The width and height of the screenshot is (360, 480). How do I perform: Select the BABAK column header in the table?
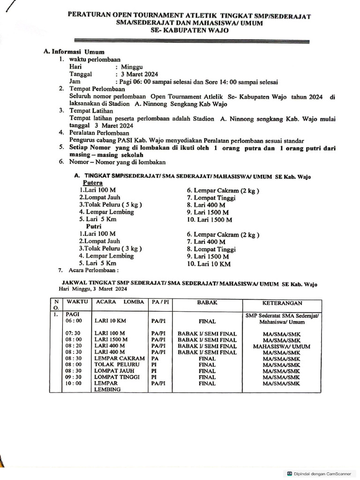pyautogui.click(x=207, y=303)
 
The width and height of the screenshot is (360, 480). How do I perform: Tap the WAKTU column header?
pyautogui.click(x=77, y=302)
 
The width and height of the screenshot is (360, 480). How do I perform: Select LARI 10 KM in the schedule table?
pyautogui.click(x=110, y=321)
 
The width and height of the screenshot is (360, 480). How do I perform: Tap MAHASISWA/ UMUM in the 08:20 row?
pyautogui.click(x=281, y=346)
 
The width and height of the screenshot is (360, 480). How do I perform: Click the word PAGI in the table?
pyautogui.click(x=72, y=315)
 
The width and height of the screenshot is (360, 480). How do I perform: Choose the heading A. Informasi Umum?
pyautogui.click(x=74, y=52)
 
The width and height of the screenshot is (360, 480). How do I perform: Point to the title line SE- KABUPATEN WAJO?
pyautogui.click(x=190, y=30)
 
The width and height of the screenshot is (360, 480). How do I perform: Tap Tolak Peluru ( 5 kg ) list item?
pyautogui.click(x=110, y=204)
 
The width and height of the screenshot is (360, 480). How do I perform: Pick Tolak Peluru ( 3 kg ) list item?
pyautogui.click(x=110, y=248)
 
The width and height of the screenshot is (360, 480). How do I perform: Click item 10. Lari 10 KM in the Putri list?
pyautogui.click(x=209, y=264)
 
